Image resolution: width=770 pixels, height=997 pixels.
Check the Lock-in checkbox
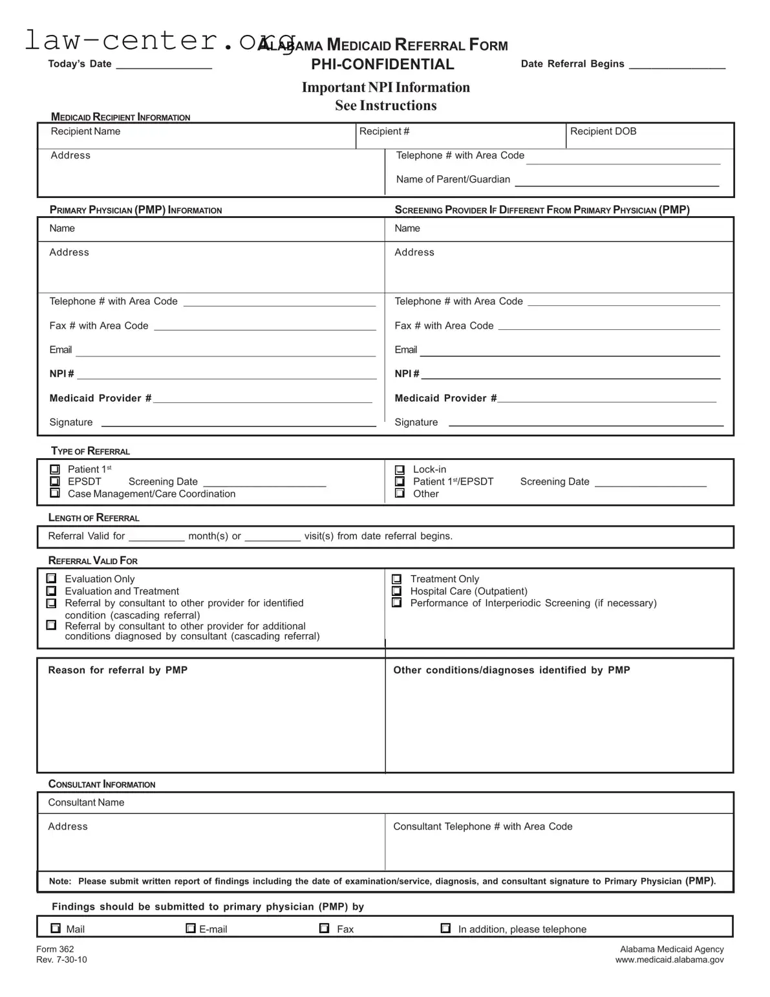(x=400, y=470)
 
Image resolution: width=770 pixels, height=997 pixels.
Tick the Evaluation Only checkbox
(x=52, y=579)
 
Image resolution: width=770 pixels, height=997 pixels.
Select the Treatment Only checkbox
(x=397, y=579)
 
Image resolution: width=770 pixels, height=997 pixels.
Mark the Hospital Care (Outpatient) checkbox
(x=397, y=591)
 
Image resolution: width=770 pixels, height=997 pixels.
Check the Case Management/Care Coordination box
(x=55, y=493)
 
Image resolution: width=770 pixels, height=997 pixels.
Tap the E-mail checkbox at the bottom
(x=191, y=928)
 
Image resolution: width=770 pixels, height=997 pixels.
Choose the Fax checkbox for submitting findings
(x=325, y=928)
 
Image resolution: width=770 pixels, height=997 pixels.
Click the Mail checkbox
(x=56, y=928)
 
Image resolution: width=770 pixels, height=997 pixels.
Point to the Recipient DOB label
(x=603, y=131)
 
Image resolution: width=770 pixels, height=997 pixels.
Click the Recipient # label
(x=384, y=131)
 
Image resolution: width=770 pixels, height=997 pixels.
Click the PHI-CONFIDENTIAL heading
(x=382, y=64)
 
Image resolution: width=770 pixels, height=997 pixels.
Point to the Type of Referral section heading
(x=91, y=451)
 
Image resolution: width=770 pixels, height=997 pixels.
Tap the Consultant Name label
(x=86, y=802)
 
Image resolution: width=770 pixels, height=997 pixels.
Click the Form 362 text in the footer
(x=55, y=949)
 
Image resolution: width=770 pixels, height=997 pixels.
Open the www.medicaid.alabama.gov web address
(x=669, y=959)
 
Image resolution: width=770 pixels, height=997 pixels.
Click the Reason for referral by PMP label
(x=118, y=670)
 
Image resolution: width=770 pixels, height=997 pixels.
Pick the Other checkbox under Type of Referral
(x=400, y=493)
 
